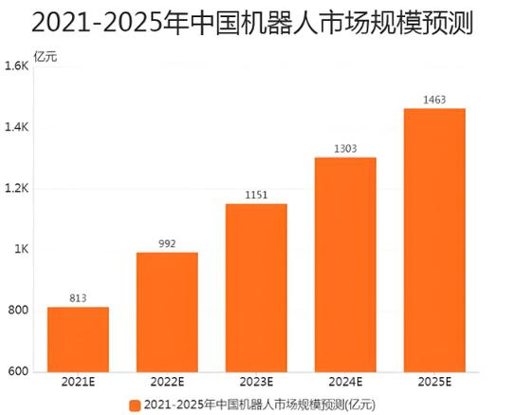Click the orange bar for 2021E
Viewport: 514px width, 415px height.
pos(78,339)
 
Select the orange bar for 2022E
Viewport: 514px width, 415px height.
pos(167,311)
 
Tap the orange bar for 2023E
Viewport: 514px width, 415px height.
pos(256,287)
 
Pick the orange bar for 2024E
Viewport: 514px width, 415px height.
pos(345,264)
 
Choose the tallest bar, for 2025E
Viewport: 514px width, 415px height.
pos(434,239)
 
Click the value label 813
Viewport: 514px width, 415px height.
pos(78,298)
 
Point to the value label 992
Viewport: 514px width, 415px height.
pos(167,243)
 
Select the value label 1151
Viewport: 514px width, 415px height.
pos(256,195)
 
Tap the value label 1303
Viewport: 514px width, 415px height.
pos(345,148)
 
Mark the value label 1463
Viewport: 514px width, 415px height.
pos(434,99)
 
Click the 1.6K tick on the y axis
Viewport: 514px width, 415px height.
pos(17,66)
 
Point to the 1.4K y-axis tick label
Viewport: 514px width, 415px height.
pos(17,127)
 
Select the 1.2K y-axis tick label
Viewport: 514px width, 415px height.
pos(17,189)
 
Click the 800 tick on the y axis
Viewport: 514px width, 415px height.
pos(19,311)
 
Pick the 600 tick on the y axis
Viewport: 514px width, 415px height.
pos(19,371)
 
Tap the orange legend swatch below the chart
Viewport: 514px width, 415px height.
pos(135,404)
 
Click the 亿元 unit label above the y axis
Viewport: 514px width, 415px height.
pos(45,56)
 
